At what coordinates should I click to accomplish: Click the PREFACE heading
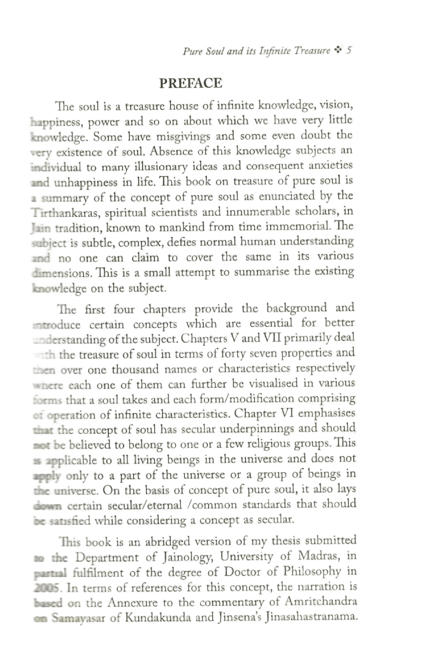point(191,83)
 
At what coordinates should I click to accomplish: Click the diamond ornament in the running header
point(338,50)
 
